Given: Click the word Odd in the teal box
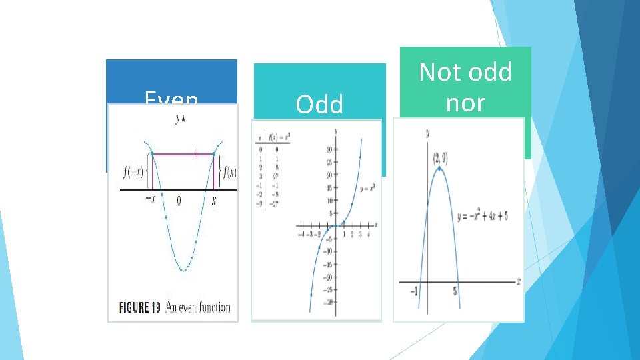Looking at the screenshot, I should pyautogui.click(x=319, y=105).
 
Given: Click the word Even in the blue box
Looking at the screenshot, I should pyautogui.click(x=171, y=100).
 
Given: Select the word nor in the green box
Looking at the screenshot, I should pyautogui.click(x=465, y=103).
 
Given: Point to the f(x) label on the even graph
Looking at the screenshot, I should pyautogui.click(x=229, y=173).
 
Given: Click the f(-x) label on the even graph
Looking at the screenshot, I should pyautogui.click(x=133, y=173).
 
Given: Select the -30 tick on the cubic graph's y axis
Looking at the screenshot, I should pyautogui.click(x=328, y=303).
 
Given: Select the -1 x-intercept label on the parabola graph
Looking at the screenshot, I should pyautogui.click(x=414, y=291).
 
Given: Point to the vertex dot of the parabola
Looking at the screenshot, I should pyautogui.click(x=439, y=169).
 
